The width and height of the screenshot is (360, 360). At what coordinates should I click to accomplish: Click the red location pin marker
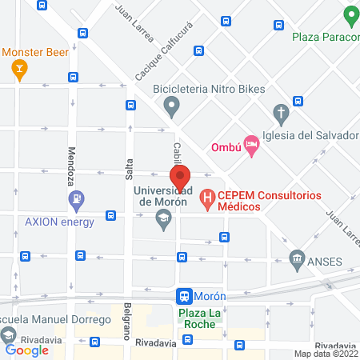coord(180,178)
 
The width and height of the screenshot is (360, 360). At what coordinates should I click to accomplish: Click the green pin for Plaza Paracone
coord(350,15)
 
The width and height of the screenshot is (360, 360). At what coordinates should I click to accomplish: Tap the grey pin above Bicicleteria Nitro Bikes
coord(171,105)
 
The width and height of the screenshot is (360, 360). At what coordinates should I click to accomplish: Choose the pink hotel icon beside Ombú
coord(251,146)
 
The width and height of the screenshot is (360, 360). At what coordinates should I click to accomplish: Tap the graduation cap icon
coord(163,219)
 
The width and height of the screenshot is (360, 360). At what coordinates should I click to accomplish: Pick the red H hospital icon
coord(206,195)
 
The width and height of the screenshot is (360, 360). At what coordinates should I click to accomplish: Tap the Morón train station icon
coord(185,295)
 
